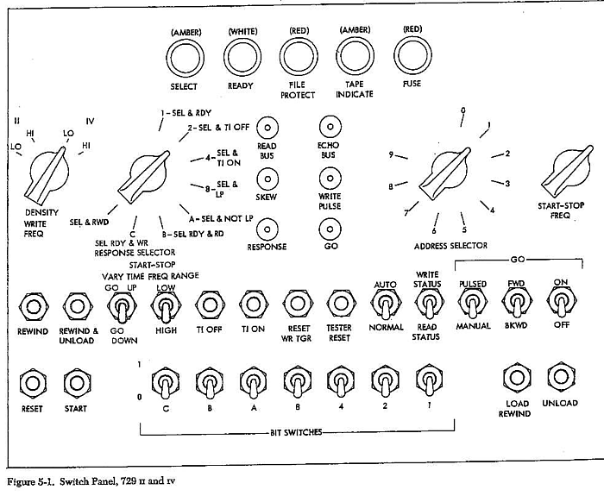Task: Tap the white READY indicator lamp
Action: pyautogui.click(x=242, y=60)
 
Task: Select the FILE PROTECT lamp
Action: pyautogui.click(x=299, y=60)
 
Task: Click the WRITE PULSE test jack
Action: pyautogui.click(x=329, y=179)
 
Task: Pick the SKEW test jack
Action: pyautogui.click(x=268, y=179)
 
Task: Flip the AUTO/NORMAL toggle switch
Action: pyautogui.click(x=385, y=303)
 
